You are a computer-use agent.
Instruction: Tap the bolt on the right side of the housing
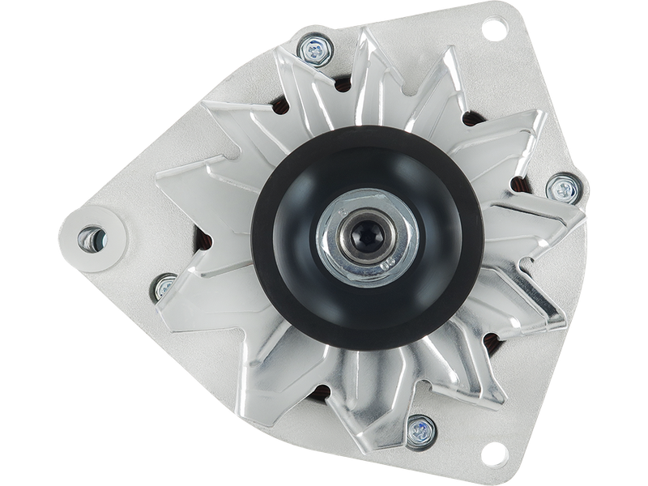pos(560,190)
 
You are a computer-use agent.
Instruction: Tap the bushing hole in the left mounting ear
pos(90,238)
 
